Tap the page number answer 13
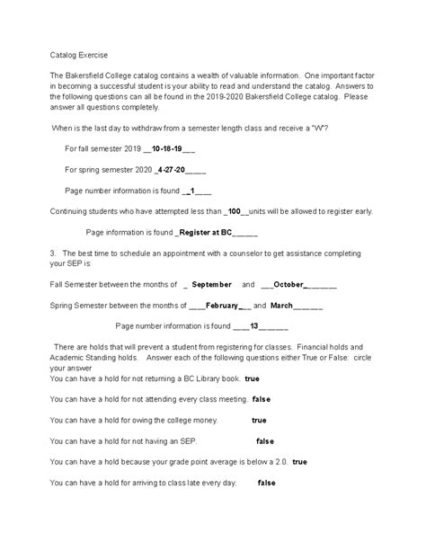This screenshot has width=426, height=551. point(254,325)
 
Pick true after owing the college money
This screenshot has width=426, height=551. point(259,420)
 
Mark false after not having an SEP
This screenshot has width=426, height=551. point(265,440)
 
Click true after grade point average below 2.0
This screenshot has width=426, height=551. point(299,461)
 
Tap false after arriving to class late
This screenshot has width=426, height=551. point(266,483)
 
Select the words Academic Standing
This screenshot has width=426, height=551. point(87,357)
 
